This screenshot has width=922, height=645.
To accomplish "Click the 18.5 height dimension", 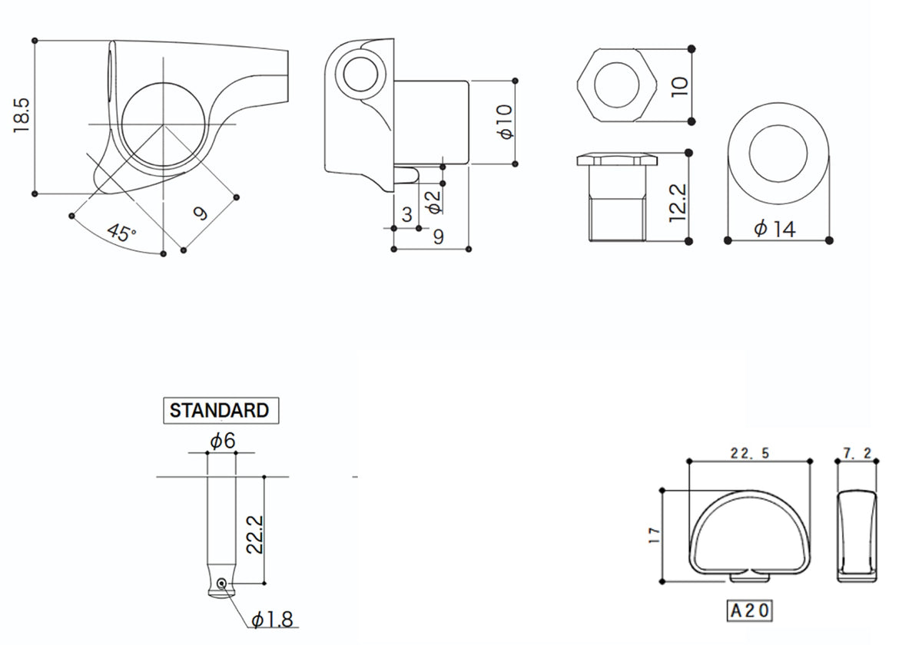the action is [22, 116].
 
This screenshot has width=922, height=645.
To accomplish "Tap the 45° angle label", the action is [121, 233].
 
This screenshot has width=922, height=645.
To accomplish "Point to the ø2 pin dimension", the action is [434, 202].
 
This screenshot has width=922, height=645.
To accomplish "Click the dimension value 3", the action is [406, 214].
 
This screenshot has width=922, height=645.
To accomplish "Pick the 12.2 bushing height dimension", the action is [678, 203].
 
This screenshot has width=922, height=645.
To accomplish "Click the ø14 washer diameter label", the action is [774, 229].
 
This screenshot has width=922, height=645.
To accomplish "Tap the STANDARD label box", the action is [221, 411].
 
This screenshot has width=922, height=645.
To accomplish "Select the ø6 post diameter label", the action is [223, 441].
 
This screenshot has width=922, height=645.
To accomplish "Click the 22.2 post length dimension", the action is [254, 534].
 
